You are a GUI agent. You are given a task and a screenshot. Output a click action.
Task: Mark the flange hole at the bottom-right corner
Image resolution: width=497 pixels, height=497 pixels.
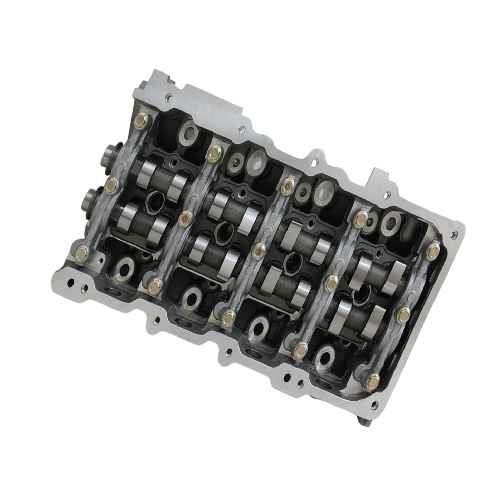(373, 400)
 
